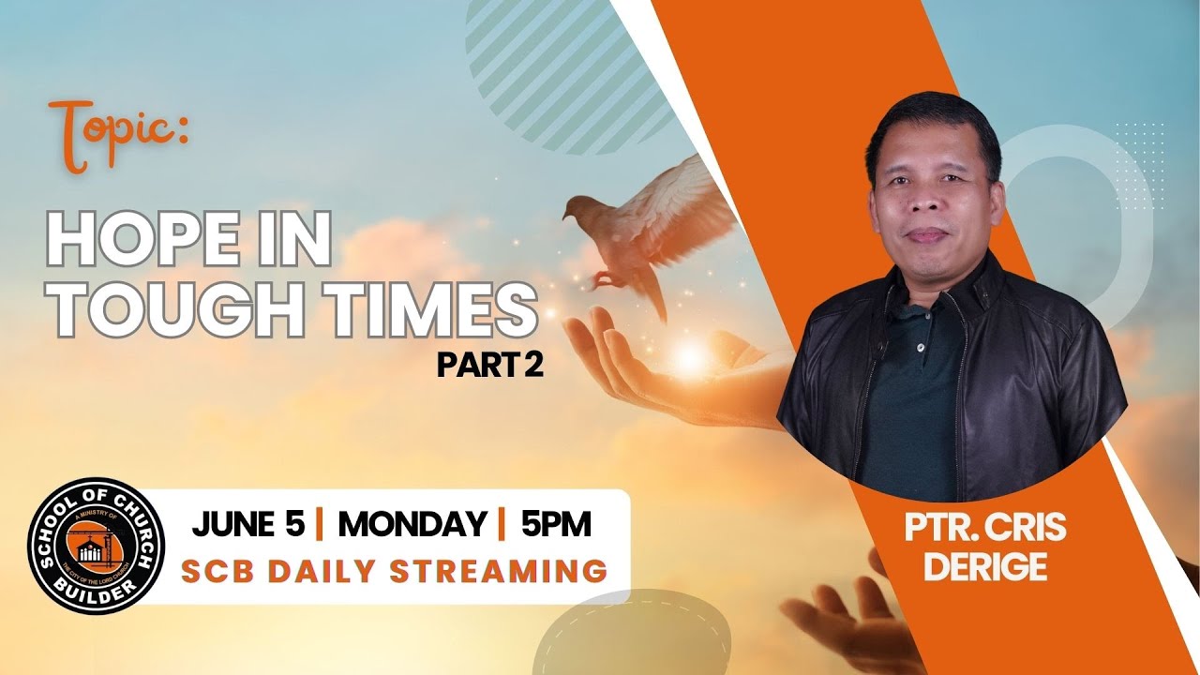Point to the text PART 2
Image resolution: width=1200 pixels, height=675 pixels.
pyautogui.click(x=489, y=365)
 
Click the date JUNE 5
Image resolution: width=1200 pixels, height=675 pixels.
pyautogui.click(x=248, y=525)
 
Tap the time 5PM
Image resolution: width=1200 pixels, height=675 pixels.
pyautogui.click(x=556, y=525)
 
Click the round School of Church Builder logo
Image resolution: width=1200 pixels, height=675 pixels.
pyautogui.click(x=96, y=546)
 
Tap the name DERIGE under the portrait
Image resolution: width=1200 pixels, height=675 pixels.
pyautogui.click(x=984, y=568)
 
